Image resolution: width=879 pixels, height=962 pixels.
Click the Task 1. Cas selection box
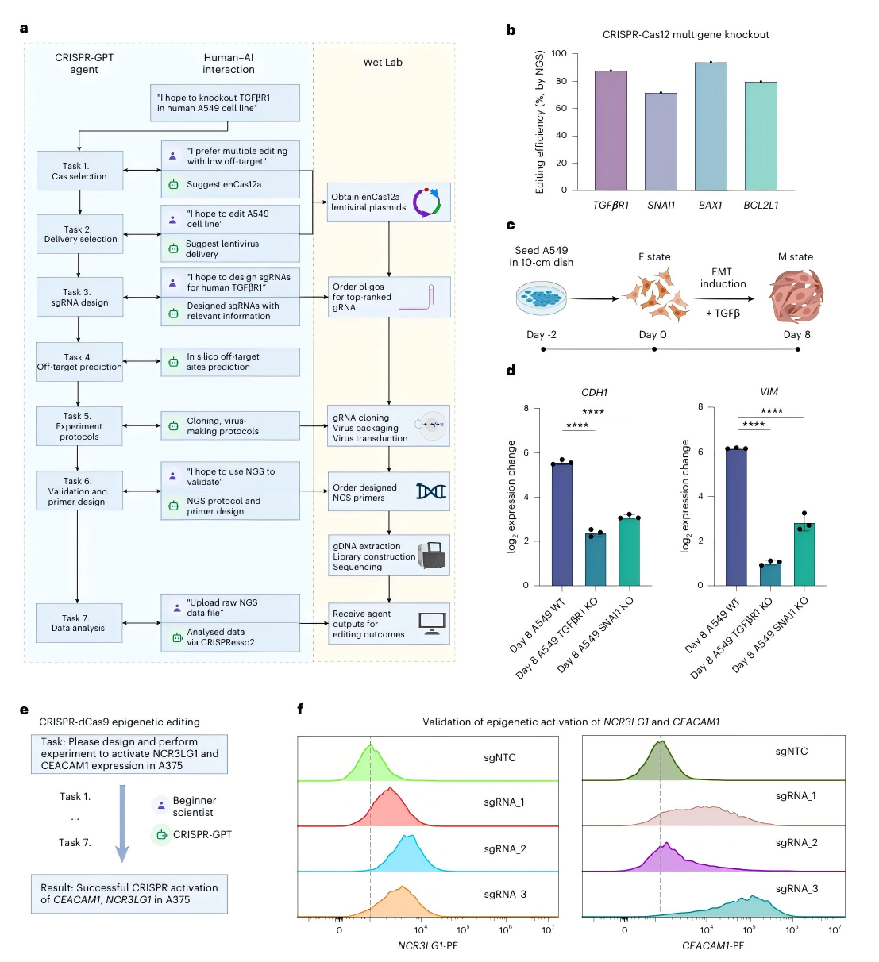click(79, 171)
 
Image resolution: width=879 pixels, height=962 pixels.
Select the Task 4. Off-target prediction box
click(79, 362)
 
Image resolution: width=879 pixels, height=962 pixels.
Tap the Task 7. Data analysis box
click(78, 623)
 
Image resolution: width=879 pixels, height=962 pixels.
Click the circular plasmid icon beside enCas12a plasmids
click(426, 202)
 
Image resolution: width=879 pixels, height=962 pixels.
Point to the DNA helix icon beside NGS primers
click(431, 491)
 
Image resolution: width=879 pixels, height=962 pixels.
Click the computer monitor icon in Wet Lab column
click(433, 623)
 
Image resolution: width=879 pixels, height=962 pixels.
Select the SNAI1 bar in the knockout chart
click(661, 141)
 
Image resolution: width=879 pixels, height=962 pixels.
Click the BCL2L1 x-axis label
click(761, 205)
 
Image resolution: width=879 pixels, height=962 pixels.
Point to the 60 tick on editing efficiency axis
click(561, 108)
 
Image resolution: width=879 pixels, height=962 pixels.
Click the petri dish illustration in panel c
click(542, 298)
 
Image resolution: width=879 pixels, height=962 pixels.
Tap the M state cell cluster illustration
click(796, 296)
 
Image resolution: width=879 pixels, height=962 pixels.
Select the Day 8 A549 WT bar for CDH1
click(562, 524)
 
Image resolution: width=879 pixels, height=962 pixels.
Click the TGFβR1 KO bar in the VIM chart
click(770, 573)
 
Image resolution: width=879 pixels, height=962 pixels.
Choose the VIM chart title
click(769, 391)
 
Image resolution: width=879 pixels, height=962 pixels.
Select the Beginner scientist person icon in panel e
click(161, 804)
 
